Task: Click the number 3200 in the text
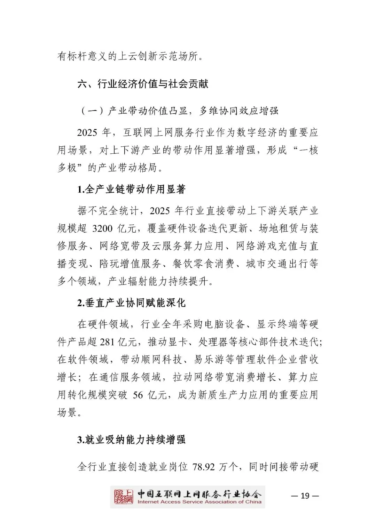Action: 103,228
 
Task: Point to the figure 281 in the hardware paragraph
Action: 107,342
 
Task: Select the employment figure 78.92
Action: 204,467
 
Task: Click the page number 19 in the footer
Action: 305,496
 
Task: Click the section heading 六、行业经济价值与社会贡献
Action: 143,84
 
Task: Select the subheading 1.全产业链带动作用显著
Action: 131,190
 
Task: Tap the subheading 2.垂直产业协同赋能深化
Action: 131,303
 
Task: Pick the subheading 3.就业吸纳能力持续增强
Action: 131,440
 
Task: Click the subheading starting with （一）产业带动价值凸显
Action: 179,111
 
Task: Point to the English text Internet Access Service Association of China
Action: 199,502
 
